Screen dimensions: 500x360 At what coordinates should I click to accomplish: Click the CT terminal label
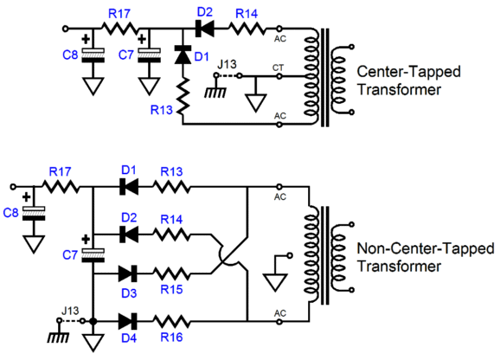[278, 67]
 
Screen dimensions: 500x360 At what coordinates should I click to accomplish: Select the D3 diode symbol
[128, 273]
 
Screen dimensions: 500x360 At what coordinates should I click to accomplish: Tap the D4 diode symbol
[128, 321]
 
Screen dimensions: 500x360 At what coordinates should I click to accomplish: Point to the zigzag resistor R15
[172, 273]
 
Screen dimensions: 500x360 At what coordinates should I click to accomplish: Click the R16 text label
[171, 337]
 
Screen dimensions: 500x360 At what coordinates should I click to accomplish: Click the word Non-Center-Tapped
[426, 248]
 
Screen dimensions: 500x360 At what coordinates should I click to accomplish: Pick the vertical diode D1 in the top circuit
[183, 55]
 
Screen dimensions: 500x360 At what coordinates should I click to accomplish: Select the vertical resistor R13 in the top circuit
[183, 96]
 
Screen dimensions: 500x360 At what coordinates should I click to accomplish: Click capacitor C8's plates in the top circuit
[93, 55]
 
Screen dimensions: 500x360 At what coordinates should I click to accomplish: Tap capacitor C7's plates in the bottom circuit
[93, 255]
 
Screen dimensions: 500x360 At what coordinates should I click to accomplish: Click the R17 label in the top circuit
[119, 14]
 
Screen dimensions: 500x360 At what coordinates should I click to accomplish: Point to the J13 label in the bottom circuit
[70, 311]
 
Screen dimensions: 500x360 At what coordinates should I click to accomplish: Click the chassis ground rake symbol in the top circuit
[216, 91]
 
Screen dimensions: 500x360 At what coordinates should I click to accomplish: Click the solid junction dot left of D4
[93, 321]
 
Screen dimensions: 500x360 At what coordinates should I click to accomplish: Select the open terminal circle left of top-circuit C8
[65, 29]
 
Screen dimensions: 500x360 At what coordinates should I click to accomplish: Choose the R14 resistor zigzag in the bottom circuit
[172, 235]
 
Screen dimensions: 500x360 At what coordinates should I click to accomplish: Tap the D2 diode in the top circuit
[204, 29]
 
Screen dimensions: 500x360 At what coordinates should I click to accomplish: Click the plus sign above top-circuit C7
[142, 39]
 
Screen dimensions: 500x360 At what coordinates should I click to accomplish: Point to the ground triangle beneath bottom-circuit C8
[34, 245]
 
